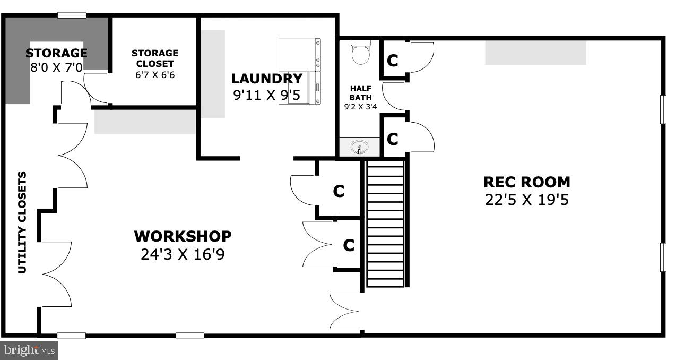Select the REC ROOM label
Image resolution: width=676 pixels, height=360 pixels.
coord(526,182)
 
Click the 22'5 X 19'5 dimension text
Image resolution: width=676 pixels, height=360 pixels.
coord(526,200)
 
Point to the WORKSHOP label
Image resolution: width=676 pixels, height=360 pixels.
coord(183,236)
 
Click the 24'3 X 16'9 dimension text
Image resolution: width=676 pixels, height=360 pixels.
coord(183,254)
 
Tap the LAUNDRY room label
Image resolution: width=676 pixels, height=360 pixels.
coord(266,79)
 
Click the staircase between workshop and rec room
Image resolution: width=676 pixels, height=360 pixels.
coord(385,223)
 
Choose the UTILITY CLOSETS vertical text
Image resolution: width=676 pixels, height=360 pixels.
coord(22,222)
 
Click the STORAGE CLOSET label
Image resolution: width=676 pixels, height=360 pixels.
coord(155,58)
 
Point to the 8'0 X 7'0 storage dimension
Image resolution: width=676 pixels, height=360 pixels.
coord(56,67)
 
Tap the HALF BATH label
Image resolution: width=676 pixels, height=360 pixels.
coord(360,93)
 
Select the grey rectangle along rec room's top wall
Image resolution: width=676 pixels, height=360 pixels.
coord(535,53)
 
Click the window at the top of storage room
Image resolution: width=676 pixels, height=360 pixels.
coord(72,15)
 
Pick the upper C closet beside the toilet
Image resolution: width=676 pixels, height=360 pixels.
coord(393,61)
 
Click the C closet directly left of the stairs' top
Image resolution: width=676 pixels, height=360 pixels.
coord(339,191)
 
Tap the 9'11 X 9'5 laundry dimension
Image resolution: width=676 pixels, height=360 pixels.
coord(266,96)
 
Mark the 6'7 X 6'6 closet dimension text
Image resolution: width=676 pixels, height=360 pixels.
coord(155,75)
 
